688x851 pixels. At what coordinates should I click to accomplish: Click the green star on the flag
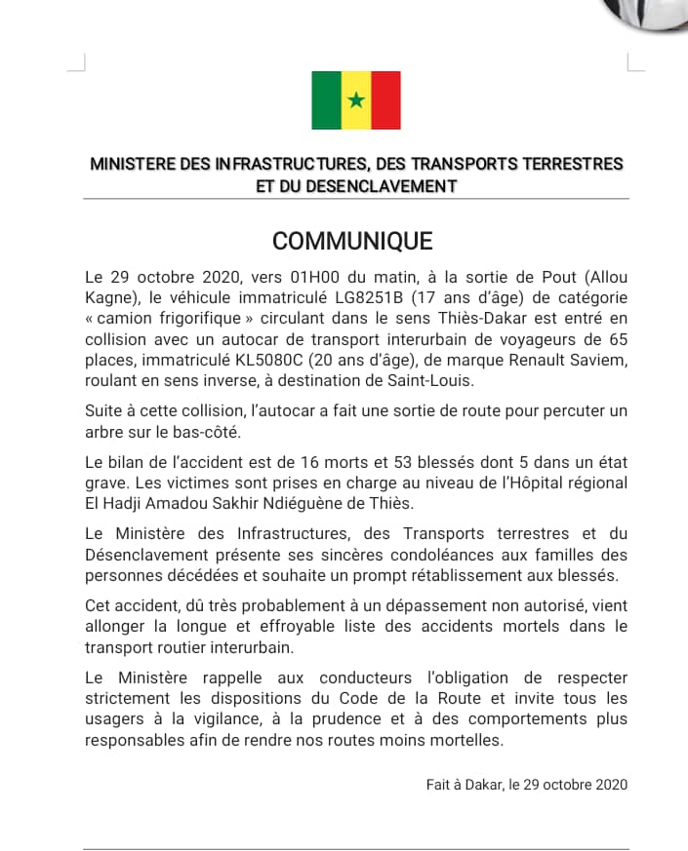pyautogui.click(x=356, y=99)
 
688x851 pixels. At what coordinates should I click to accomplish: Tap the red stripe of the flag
pyautogui.click(x=386, y=99)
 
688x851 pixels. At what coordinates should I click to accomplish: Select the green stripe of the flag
pyautogui.click(x=327, y=99)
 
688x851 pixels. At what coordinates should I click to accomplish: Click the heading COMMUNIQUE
pyautogui.click(x=352, y=241)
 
